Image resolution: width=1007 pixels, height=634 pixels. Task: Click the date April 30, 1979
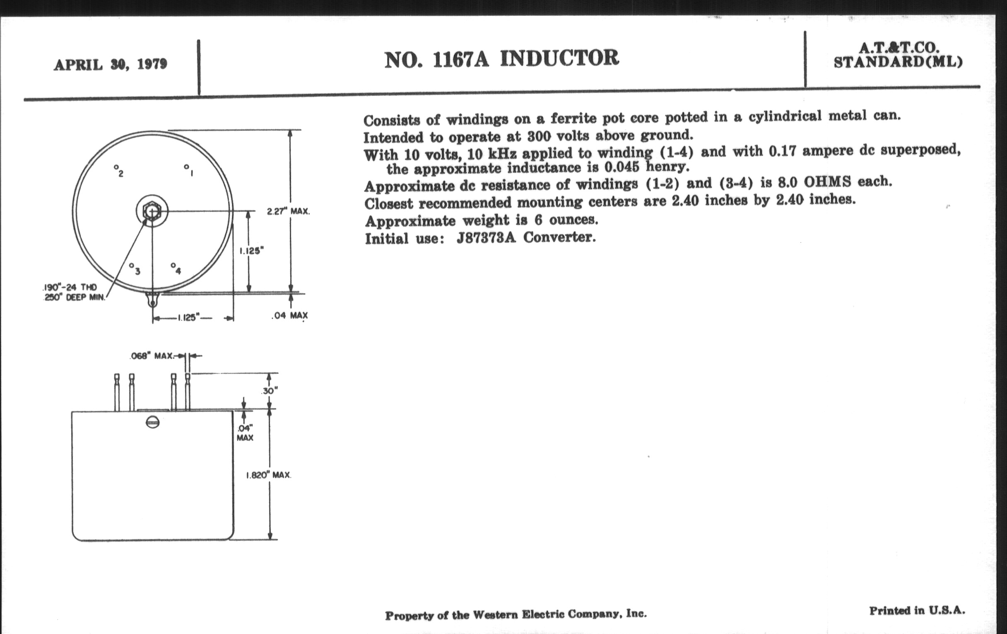pyautogui.click(x=111, y=65)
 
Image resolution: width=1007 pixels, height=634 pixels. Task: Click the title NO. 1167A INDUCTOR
pyautogui.click(x=501, y=59)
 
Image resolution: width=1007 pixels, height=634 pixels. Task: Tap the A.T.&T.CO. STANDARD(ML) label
pyautogui.click(x=897, y=55)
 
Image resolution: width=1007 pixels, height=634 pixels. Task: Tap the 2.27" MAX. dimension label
pyautogui.click(x=289, y=211)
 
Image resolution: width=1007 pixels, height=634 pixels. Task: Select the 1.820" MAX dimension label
pyautogui.click(x=268, y=475)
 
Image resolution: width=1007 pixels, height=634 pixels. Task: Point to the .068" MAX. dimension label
pyautogui.click(x=152, y=356)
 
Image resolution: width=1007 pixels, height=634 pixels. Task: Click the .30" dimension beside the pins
pyautogui.click(x=270, y=391)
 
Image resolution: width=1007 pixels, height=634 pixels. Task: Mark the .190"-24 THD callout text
pyautogui.click(x=70, y=288)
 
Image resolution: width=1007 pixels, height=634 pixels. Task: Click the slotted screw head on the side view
pyautogui.click(x=153, y=423)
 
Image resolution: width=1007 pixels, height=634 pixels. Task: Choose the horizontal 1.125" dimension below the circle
pyautogui.click(x=187, y=318)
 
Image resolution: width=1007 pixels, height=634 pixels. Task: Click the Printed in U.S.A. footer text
pyautogui.click(x=917, y=610)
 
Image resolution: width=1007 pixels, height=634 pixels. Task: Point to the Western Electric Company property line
pyautogui.click(x=516, y=615)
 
